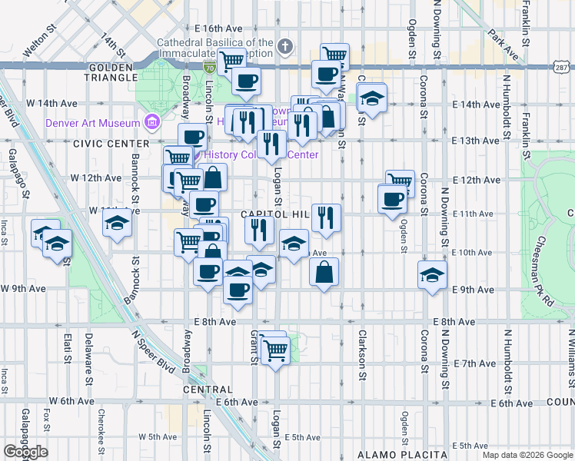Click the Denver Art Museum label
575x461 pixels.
coord(92,121)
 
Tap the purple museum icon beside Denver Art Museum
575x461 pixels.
coord(151,121)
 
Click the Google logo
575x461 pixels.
coord(25,452)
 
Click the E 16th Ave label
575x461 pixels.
coord(213,28)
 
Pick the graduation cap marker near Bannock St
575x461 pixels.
coord(118,223)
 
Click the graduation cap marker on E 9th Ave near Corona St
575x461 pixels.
coord(432,274)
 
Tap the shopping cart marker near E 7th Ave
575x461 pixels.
coord(275,351)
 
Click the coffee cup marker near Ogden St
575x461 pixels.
coord(392,199)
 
